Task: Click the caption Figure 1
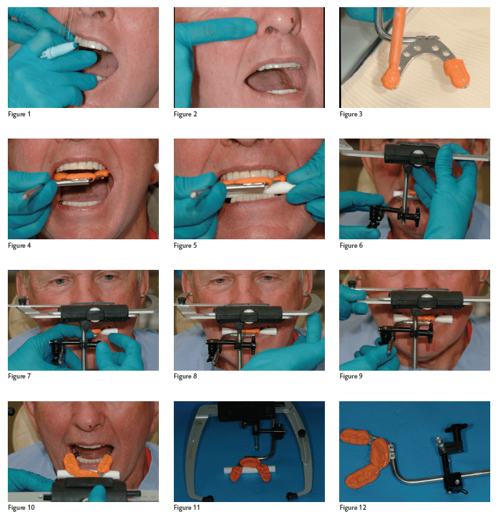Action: point(19,114)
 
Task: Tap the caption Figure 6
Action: point(351,245)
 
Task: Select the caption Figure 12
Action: point(353,507)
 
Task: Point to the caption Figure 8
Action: point(185,377)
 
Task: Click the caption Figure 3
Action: point(351,114)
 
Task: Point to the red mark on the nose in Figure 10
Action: point(90,427)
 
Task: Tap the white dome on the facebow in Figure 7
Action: point(94,311)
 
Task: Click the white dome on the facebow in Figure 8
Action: point(249,312)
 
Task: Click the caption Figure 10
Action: point(21,507)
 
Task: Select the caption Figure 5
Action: point(185,245)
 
